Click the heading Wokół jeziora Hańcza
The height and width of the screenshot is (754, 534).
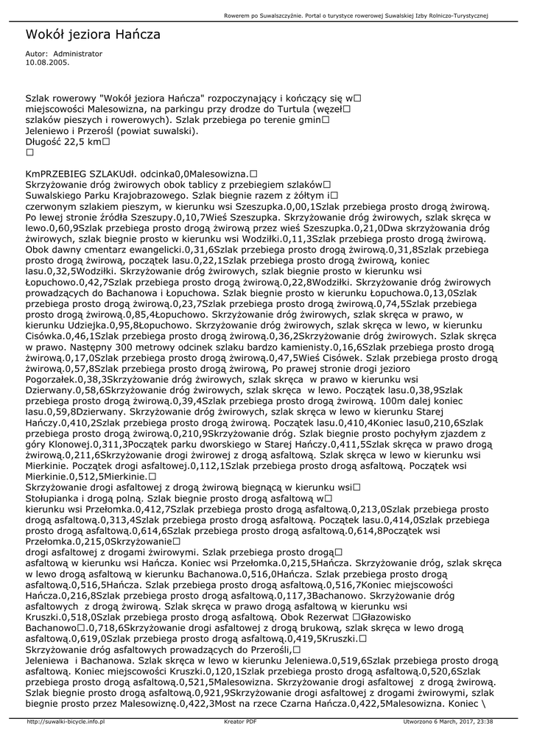point(93,35)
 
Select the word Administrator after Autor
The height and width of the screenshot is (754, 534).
point(78,54)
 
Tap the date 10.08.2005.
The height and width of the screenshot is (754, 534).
point(47,63)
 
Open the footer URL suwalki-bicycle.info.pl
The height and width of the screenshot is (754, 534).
point(66,722)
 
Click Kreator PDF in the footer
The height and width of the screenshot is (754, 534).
point(240,722)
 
